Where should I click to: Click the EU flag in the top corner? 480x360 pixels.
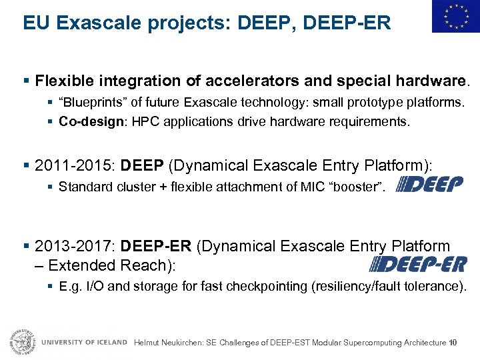point(455,17)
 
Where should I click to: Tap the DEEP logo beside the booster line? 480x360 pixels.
point(430,183)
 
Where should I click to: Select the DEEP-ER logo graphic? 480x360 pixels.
point(418,265)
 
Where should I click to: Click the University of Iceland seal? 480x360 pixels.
point(21,341)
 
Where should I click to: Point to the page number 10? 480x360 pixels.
point(453,343)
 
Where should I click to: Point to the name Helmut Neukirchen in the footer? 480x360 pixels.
point(167,343)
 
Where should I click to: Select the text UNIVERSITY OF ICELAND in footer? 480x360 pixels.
point(84,342)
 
